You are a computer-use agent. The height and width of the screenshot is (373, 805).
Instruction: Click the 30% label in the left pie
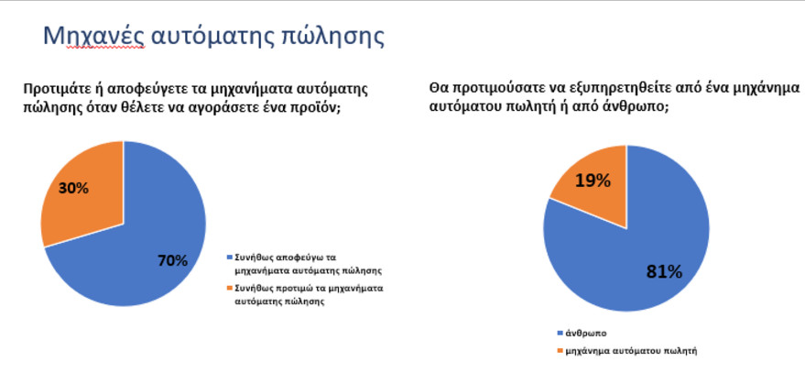click(x=73, y=188)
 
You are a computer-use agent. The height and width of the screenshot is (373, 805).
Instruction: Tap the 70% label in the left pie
click(x=172, y=260)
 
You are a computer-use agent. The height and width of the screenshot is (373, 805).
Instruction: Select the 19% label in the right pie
click(x=593, y=181)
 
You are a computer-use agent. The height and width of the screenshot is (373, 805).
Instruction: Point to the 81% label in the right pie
click(x=664, y=272)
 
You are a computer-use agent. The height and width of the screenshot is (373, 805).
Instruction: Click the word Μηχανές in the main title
click(x=93, y=36)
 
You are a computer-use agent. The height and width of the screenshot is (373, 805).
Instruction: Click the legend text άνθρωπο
click(x=585, y=334)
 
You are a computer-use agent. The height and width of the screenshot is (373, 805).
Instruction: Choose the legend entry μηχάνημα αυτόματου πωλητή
click(x=630, y=351)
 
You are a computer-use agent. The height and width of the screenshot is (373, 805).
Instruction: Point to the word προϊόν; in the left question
click(x=317, y=107)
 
